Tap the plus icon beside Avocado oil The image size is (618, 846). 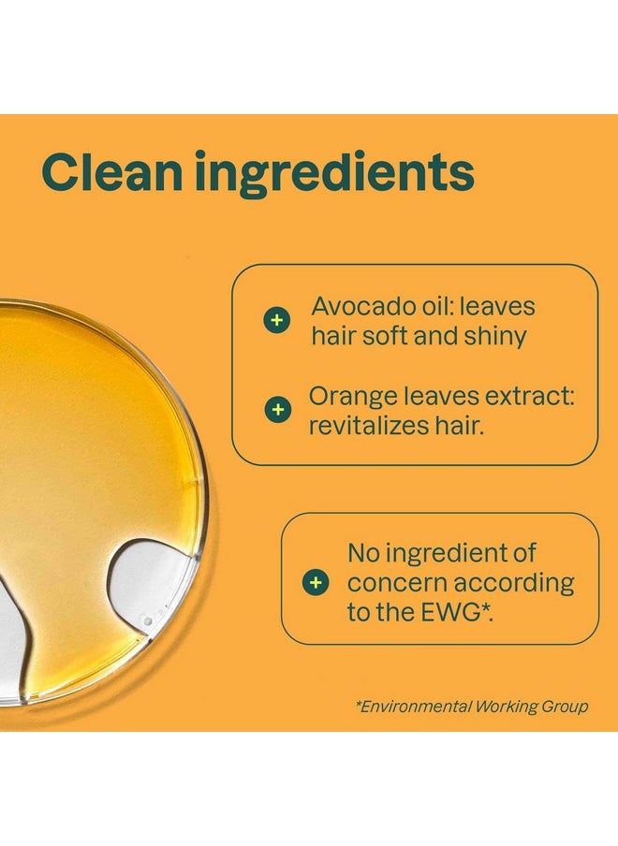(x=275, y=321)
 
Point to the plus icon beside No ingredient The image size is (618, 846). (x=316, y=583)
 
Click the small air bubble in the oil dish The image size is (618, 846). (x=146, y=620)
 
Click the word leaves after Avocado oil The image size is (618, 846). (x=502, y=307)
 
